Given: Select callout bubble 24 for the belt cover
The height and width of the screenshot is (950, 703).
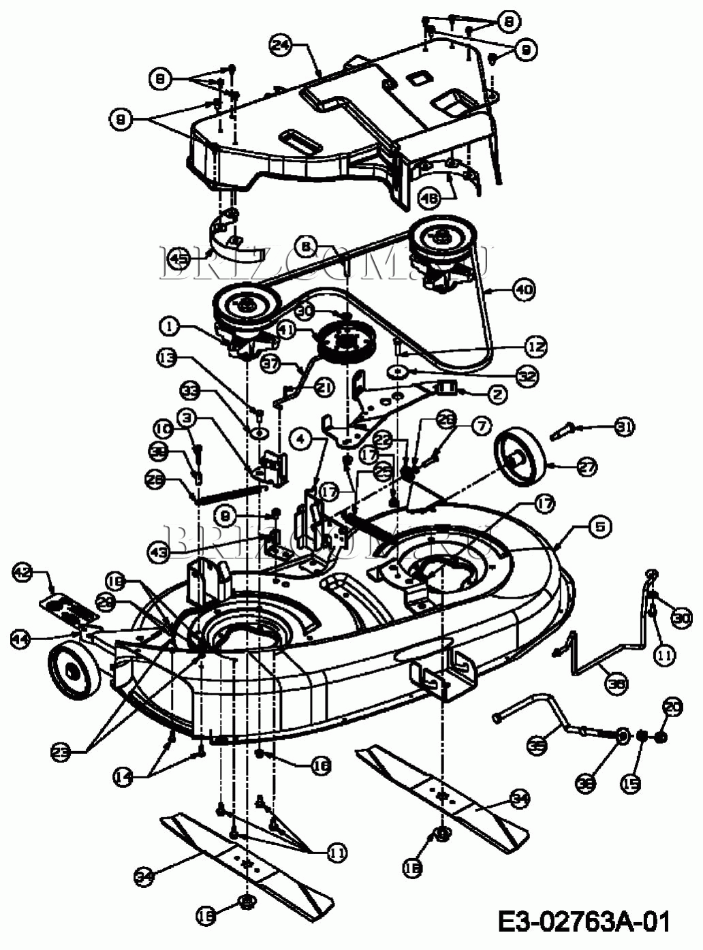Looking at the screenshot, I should [x=281, y=46].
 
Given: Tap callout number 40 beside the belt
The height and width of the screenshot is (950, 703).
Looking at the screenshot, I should [x=523, y=289].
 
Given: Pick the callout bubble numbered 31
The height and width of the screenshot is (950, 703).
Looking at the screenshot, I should [x=623, y=427].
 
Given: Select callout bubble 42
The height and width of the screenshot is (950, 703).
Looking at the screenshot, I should [x=22, y=572].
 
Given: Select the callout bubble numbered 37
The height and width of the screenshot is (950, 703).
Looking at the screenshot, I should [x=272, y=364].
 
